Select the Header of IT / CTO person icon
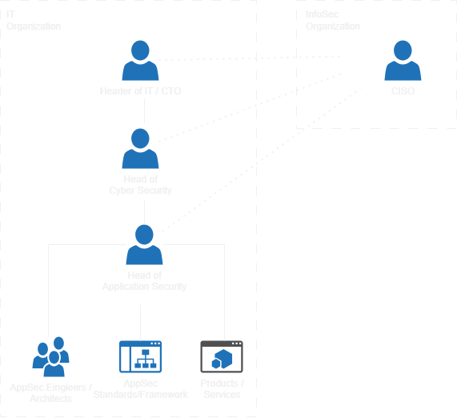(x=141, y=61)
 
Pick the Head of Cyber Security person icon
(x=141, y=148)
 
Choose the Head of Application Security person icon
(x=144, y=244)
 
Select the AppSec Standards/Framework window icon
(x=140, y=356)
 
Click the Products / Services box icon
(x=220, y=356)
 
